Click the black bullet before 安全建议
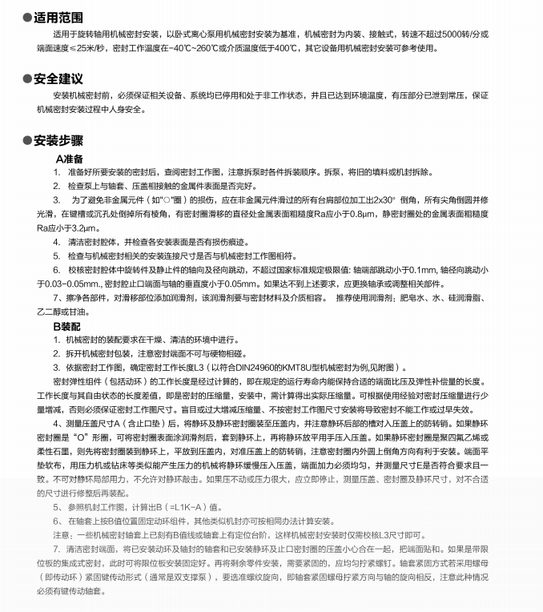27,78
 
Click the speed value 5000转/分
463,34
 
